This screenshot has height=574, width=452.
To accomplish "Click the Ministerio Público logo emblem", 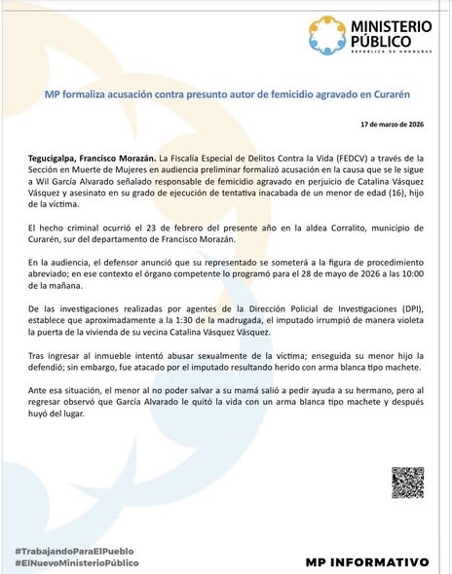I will pos(324,37).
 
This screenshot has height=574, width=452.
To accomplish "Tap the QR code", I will pos(407,483).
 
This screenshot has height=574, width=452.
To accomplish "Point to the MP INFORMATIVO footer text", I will pos(367,562).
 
